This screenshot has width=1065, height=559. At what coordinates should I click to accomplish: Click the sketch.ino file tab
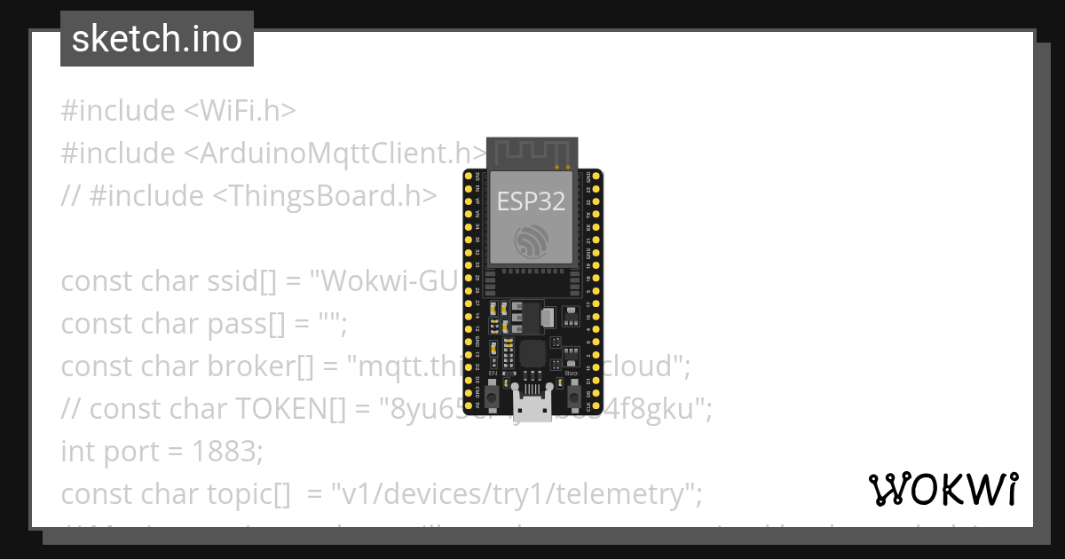[x=157, y=39]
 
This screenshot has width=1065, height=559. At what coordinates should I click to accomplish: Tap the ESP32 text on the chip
[x=531, y=201]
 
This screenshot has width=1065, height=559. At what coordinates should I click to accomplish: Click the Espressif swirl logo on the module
[x=531, y=241]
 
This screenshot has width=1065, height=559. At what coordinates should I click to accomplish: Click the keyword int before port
[x=77, y=451]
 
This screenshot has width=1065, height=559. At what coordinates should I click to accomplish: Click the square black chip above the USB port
[x=534, y=353]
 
